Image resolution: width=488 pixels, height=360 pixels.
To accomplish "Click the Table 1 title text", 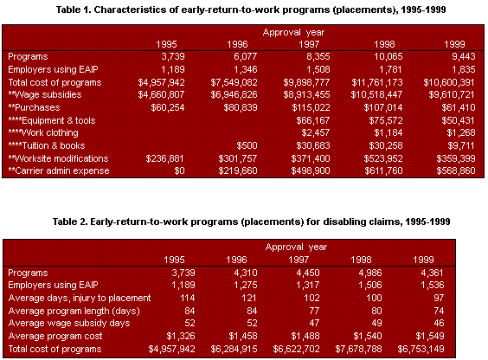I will (243, 10).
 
